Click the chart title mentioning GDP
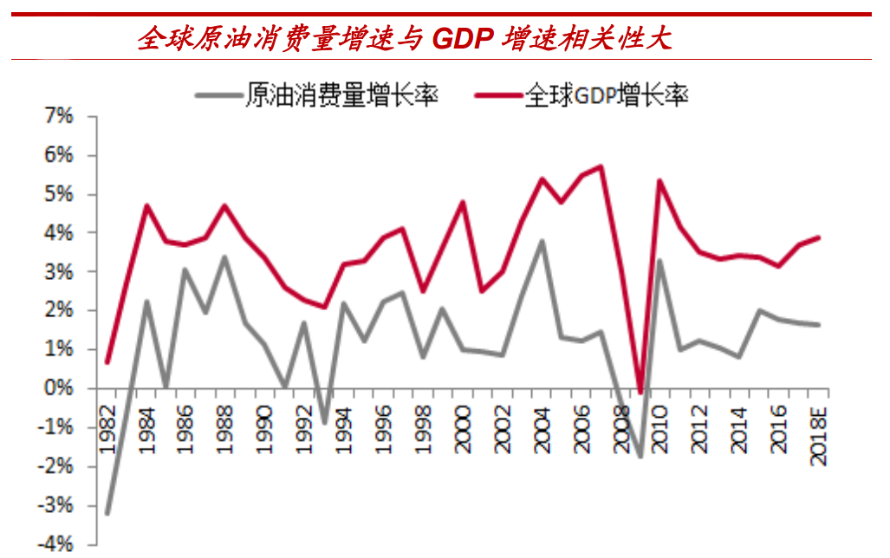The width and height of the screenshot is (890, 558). coord(404,38)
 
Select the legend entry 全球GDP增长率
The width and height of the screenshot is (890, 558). coord(607,95)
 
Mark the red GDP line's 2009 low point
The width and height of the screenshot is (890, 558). coord(640,393)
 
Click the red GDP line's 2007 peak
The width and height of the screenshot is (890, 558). coord(601,166)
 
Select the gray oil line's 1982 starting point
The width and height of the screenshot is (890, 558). coord(107,513)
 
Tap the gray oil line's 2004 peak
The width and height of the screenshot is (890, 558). coord(542,241)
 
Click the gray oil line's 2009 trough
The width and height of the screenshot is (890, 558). coord(640,457)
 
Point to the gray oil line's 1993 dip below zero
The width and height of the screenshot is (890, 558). coord(325,423)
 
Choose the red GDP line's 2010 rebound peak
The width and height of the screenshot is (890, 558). coord(659,181)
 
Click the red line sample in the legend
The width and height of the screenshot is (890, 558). coord(497,95)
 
